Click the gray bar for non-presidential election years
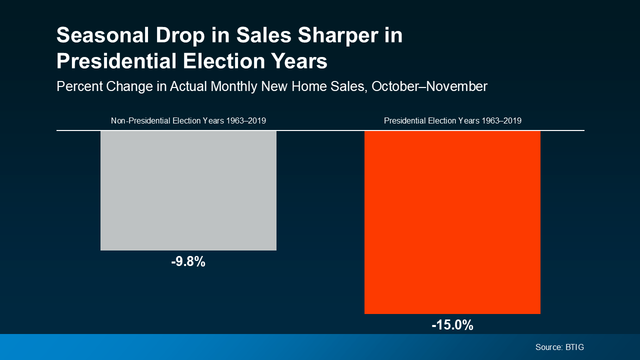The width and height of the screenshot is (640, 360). point(188,190)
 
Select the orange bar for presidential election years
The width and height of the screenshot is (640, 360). point(452,222)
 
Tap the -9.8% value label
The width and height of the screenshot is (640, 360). point(188,261)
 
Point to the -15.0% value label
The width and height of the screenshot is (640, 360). point(452,325)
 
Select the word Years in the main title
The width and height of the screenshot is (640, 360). point(299,61)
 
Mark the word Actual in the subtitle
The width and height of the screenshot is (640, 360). point(189,86)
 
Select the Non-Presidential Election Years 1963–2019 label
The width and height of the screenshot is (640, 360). point(188,121)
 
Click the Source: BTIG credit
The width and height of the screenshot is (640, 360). point(559,347)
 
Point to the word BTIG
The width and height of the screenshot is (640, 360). point(574,347)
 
